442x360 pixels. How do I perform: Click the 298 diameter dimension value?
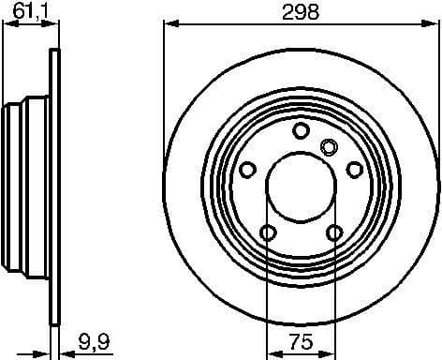pos(302,12)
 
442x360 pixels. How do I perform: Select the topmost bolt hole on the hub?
pos(301,130)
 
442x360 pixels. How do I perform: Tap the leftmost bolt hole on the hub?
pos(248,169)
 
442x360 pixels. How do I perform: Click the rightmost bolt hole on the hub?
pos(354,169)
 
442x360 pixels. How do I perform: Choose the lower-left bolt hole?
pos(268,232)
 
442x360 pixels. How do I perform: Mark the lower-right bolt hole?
pos(334,232)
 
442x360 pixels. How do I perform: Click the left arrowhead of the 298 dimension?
pos(169,25)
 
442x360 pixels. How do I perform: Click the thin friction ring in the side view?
pos(53,187)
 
